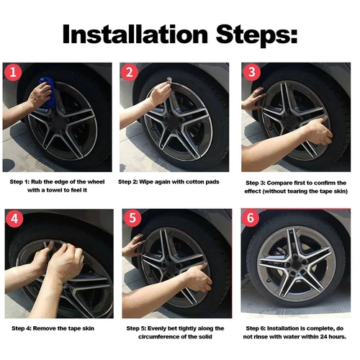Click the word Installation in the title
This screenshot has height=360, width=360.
(135, 34)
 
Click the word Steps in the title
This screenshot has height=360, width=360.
(256, 35)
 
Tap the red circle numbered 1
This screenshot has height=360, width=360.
(13, 72)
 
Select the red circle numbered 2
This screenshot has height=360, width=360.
(130, 72)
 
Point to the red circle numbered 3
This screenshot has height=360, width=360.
(252, 72)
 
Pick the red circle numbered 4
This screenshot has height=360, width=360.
(14, 219)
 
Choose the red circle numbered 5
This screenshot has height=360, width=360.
(132, 218)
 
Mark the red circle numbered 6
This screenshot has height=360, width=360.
(251, 217)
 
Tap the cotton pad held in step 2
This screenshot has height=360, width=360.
(169, 80)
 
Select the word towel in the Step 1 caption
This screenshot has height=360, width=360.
(54, 190)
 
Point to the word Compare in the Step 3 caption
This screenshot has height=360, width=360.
(279, 183)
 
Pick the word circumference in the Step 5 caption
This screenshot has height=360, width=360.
(159, 337)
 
